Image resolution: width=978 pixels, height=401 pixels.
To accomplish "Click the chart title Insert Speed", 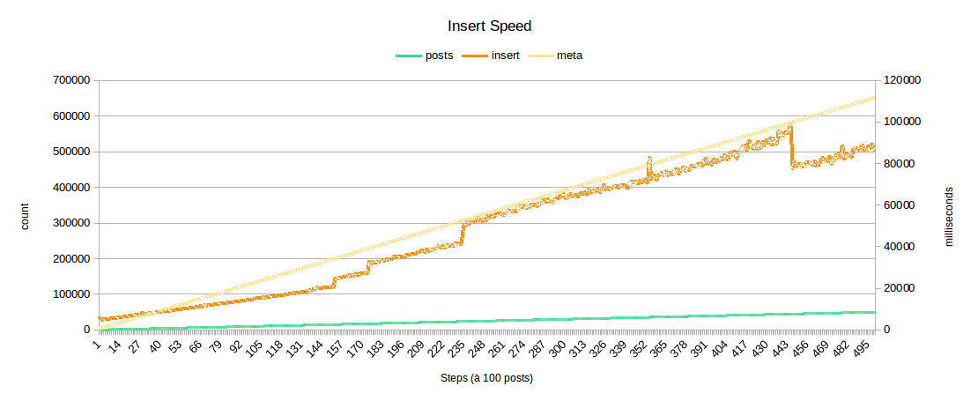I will [x=489, y=26].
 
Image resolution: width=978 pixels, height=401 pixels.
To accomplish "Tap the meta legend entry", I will [x=569, y=56].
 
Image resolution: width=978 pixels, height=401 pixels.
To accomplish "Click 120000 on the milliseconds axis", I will [x=901, y=80].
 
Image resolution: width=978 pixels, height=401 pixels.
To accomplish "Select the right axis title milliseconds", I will [x=949, y=217].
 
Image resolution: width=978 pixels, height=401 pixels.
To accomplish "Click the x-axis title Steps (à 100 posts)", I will [x=486, y=378].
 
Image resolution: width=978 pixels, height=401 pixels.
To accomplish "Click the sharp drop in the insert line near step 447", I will [x=792, y=145].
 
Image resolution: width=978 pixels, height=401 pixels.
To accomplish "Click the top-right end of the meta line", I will [x=874, y=97].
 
